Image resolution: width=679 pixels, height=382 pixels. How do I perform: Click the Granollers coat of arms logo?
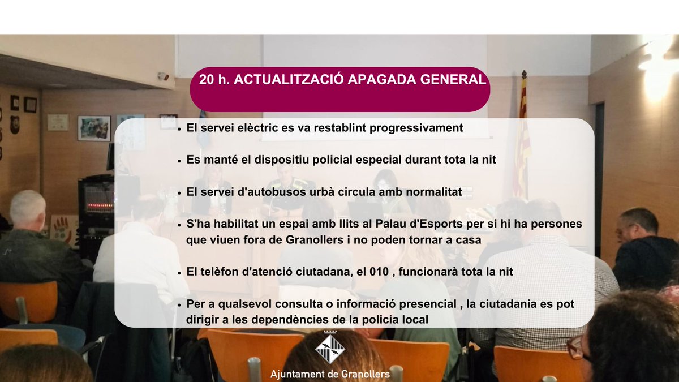(330, 348)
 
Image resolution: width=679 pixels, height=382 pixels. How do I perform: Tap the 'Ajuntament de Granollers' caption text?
(330, 375)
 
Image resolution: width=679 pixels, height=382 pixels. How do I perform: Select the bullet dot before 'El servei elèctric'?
(179, 129)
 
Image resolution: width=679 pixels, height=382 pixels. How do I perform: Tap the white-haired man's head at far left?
(27, 208)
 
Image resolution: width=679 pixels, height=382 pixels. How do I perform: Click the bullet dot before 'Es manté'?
(179, 161)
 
